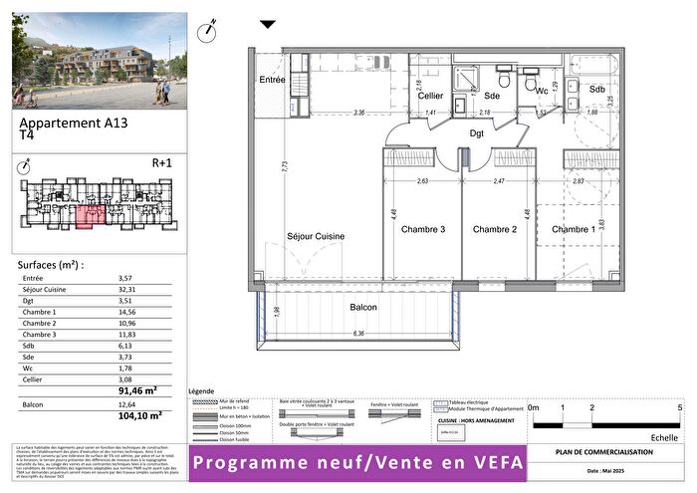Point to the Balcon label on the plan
pos(362,309)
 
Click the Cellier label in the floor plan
pos(430,96)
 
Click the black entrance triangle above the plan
pos(267,24)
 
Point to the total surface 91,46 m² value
pos(138,392)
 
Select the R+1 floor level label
pos(162,161)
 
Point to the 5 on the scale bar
pos(679,407)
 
